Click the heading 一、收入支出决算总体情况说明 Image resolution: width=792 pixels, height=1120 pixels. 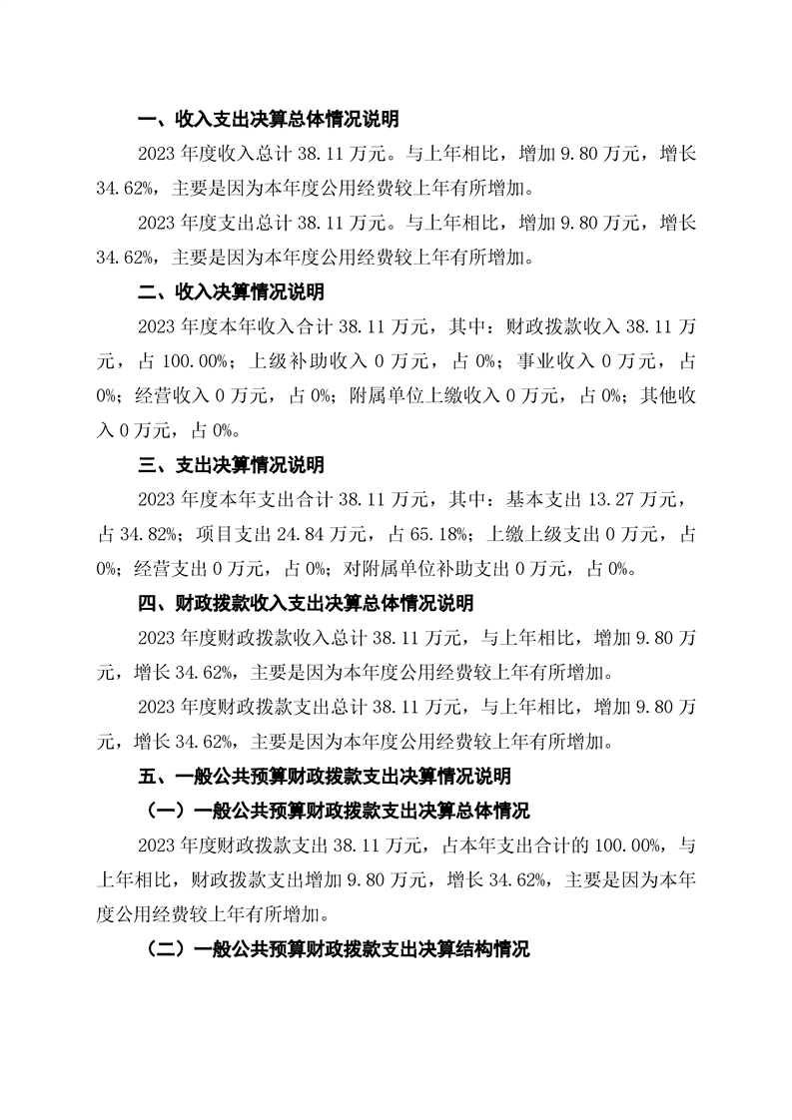(x=268, y=120)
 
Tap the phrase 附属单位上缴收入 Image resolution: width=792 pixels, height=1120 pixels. (x=420, y=396)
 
